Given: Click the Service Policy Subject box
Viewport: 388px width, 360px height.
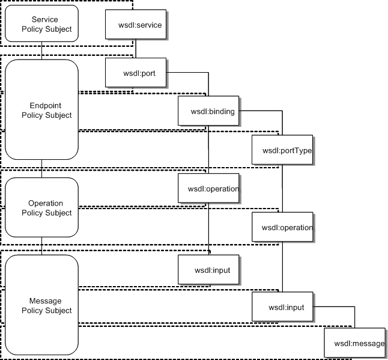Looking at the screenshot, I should pos(41,24).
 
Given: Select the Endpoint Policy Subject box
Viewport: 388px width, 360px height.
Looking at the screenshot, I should pos(41,110).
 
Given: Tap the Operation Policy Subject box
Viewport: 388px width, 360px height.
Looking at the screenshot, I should pos(41,207).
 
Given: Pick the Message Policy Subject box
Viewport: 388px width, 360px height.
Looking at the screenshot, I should pos(41,305).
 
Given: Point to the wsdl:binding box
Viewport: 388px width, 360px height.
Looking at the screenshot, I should pos(208,111).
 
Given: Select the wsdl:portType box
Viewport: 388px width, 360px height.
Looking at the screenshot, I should pos(282,150).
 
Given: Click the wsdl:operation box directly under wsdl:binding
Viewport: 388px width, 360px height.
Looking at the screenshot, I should pos(208,188).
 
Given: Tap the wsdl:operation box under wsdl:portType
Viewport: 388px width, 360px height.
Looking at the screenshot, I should pos(282,227).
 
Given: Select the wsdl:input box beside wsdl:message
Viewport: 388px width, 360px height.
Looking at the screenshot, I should pos(282,308).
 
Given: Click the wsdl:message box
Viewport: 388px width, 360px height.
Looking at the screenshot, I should pos(354,343).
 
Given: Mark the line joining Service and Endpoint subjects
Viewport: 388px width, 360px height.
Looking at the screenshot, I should pos(41,50).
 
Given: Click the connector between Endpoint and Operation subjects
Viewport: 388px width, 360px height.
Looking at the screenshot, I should pos(41,169).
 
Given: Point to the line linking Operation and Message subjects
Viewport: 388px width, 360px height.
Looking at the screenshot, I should pos(41,246).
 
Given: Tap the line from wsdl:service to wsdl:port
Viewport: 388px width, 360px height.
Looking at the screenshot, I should pos(135,49).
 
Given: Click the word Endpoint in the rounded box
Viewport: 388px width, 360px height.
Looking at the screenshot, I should pos(41,105).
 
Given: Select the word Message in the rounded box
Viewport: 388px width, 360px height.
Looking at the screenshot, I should pos(41,301).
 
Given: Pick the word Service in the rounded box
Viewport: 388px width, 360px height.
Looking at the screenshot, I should pos(41,20).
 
